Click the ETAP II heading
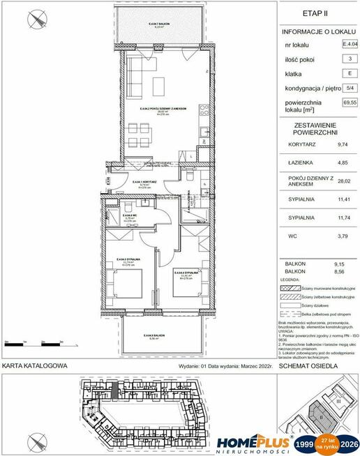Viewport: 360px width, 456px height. pos(317,12)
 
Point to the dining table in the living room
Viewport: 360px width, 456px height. pos(158,83)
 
